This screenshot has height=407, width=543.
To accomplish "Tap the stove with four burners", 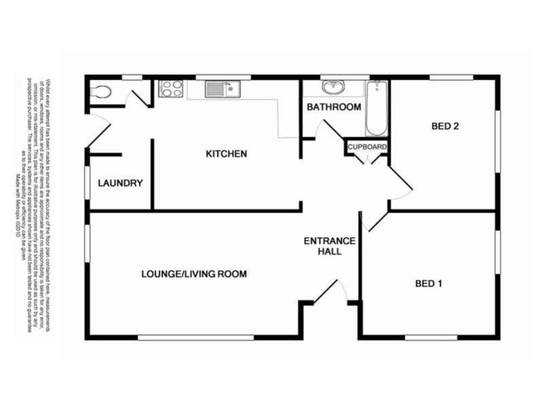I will [x=170, y=89].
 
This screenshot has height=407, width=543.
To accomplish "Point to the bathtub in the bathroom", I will [x=376, y=109].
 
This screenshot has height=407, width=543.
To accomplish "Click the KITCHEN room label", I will [x=226, y=154].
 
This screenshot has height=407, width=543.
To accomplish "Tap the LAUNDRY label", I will [x=120, y=183].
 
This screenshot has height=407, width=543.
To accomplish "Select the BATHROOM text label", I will [x=334, y=107].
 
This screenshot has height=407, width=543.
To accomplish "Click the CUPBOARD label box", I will [x=367, y=147].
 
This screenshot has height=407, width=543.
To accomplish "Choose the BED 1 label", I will [x=428, y=284].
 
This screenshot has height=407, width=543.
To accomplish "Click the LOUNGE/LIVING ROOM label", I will [x=193, y=274].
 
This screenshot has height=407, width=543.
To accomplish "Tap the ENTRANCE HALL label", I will [x=329, y=246].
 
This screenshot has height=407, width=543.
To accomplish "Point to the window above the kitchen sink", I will [x=223, y=77].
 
